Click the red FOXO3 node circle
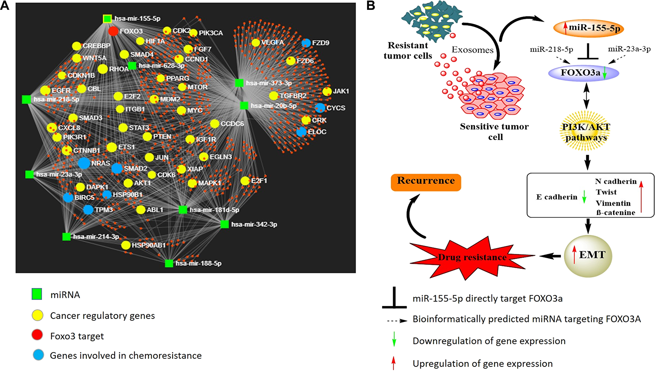[x=113, y=31]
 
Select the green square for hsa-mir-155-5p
[x=107, y=19]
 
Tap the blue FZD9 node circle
[x=306, y=43]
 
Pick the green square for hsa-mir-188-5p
[x=169, y=263]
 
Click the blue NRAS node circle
[x=84, y=163]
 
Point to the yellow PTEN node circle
[x=147, y=136]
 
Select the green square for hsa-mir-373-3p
[x=239, y=83]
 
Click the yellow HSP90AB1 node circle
[x=126, y=245]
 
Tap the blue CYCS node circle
[x=320, y=108]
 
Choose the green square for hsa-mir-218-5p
[x=27, y=99]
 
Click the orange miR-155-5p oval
[x=589, y=28]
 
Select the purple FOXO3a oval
[x=584, y=73]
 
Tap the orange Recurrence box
[x=426, y=182]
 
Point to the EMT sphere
[x=588, y=256]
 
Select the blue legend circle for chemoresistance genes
[x=38, y=355]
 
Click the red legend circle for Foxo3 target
[x=37, y=335]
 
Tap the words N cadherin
[x=616, y=181]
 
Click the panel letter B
[x=371, y=6]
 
